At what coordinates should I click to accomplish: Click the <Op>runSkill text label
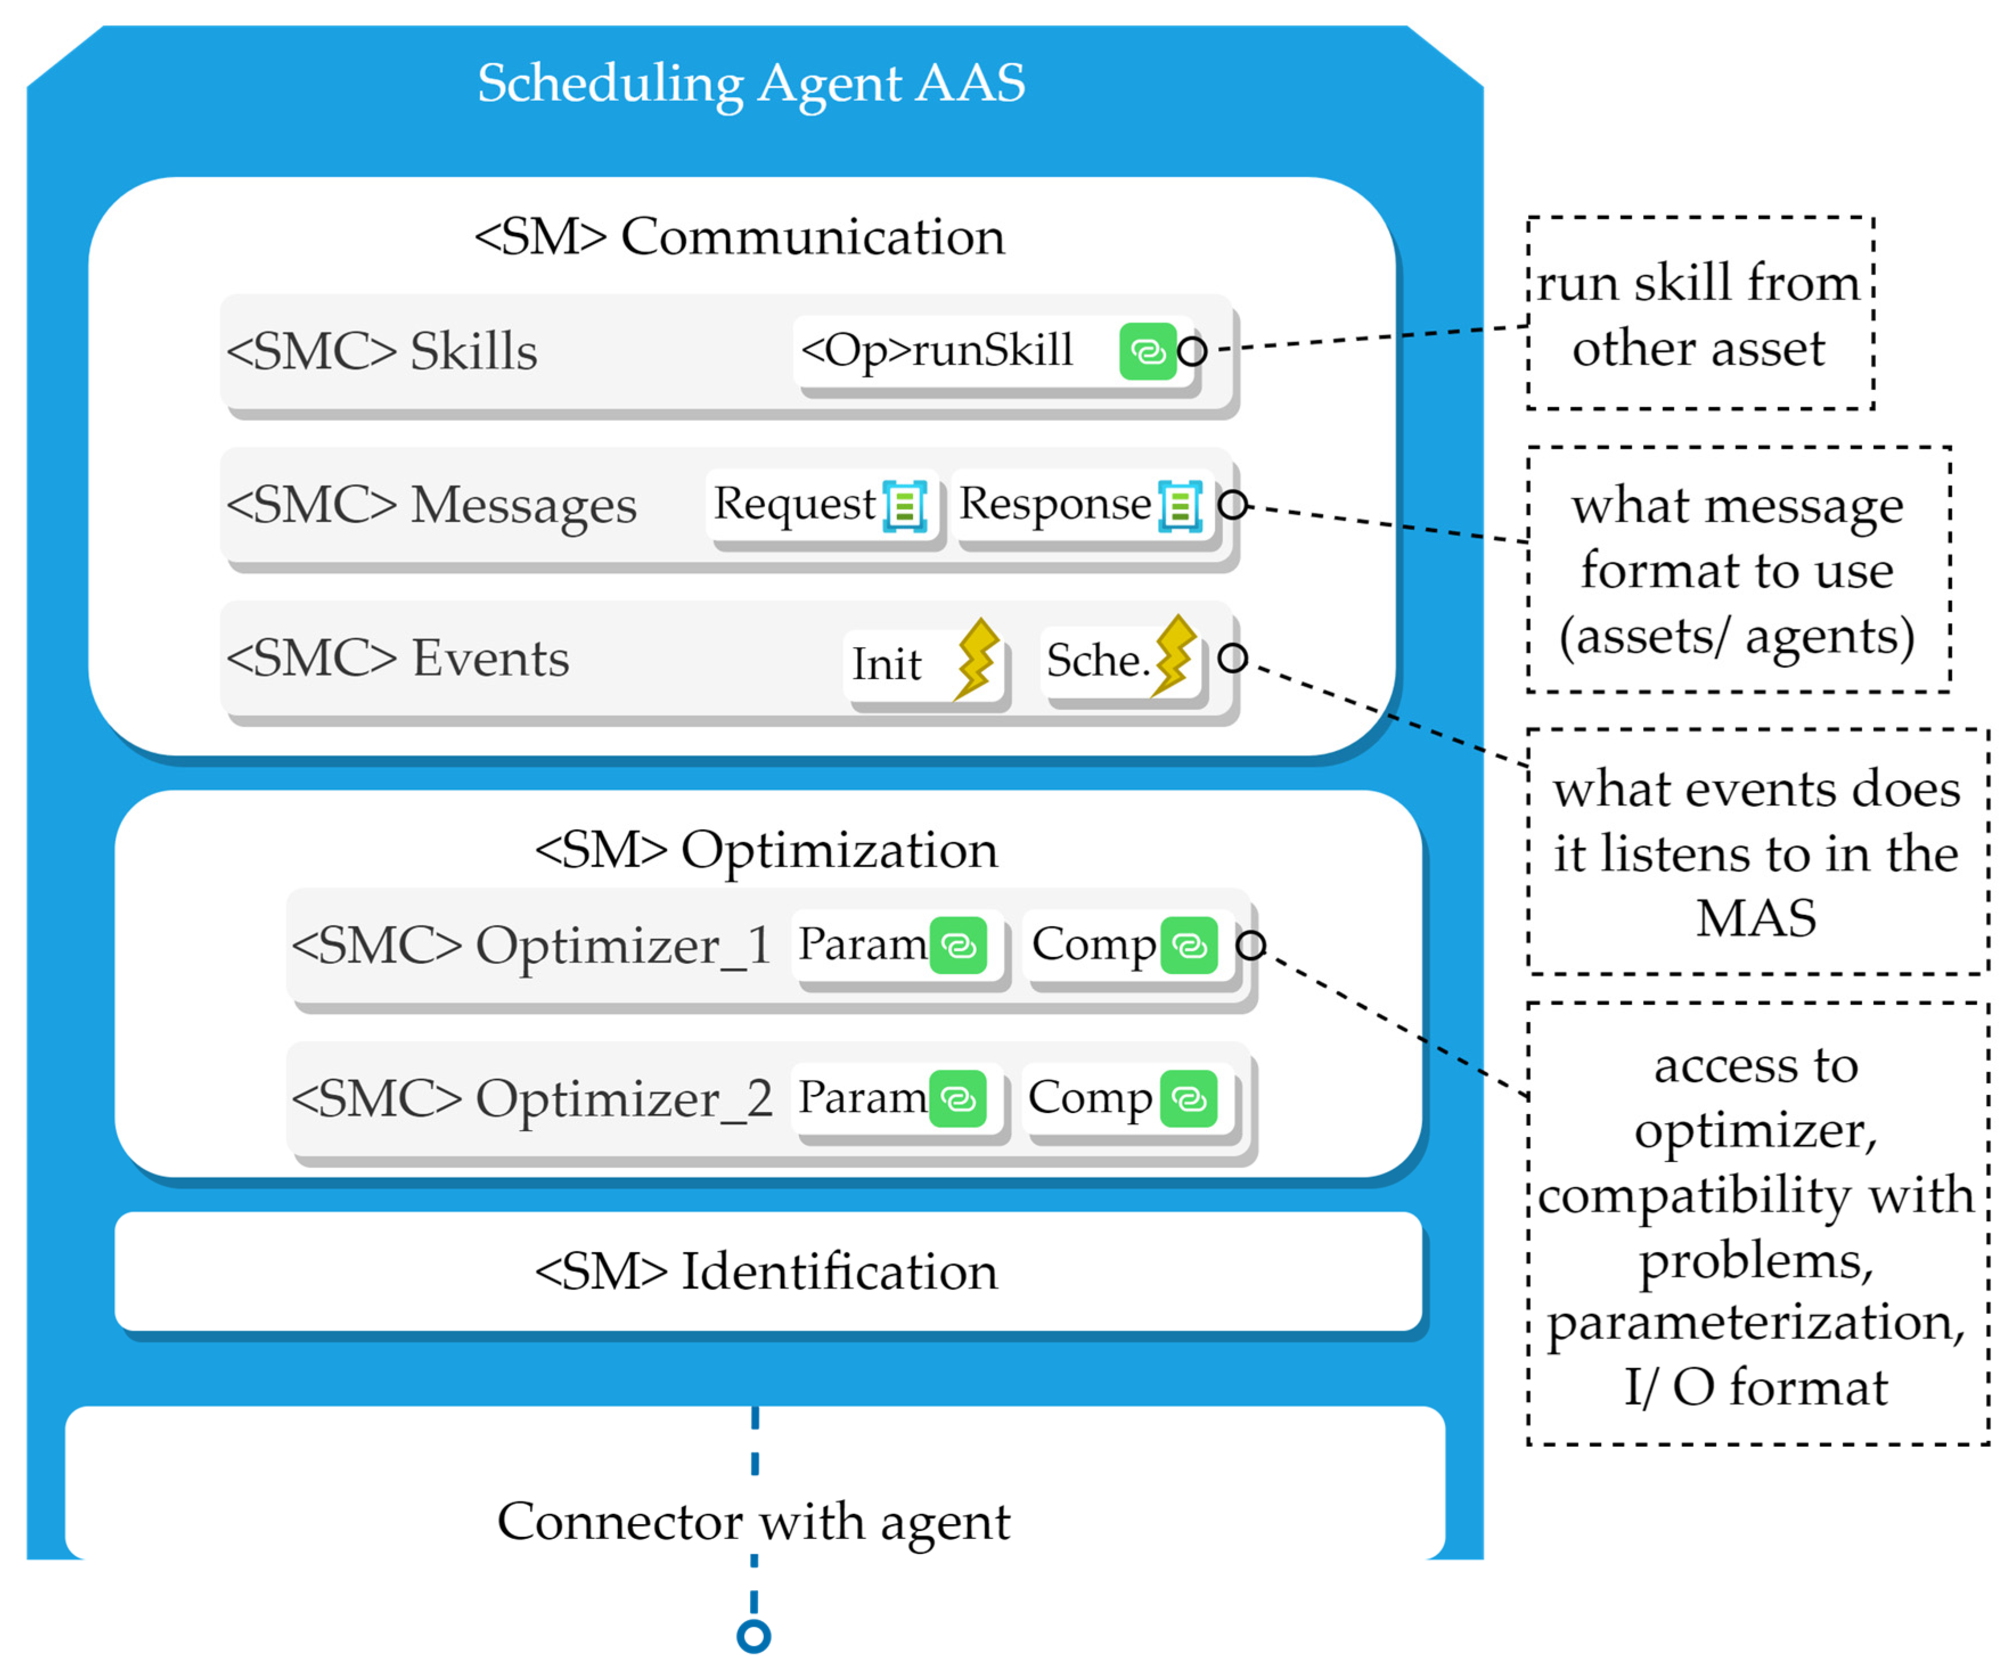coord(936,350)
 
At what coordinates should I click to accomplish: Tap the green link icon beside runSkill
coord(1147,351)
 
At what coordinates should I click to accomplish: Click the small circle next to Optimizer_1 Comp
coord(1251,946)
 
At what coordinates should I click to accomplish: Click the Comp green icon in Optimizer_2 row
coord(1189,1099)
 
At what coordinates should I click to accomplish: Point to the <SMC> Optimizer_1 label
coord(531,946)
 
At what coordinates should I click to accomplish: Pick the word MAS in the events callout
coord(1756,918)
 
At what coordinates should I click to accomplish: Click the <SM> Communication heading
coord(739,236)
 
